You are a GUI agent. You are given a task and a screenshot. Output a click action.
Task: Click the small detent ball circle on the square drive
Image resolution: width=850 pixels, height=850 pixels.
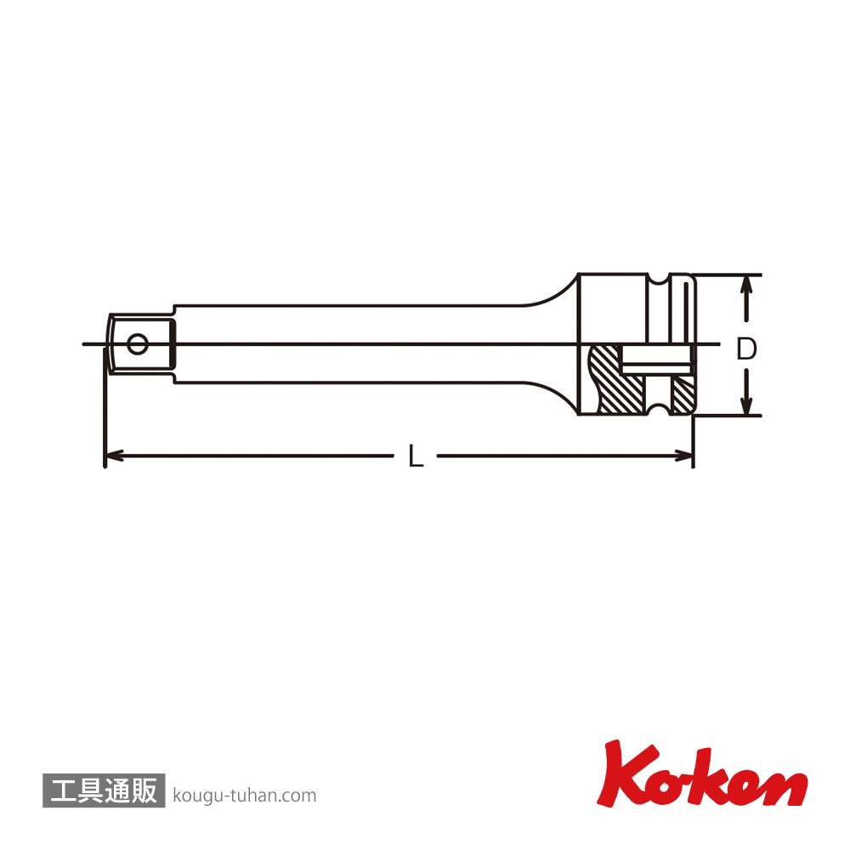137,343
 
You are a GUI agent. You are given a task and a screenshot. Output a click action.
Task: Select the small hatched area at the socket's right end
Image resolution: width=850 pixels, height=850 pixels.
682,394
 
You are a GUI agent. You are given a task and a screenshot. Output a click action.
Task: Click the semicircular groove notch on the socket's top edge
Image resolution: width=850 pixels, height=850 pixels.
660,279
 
